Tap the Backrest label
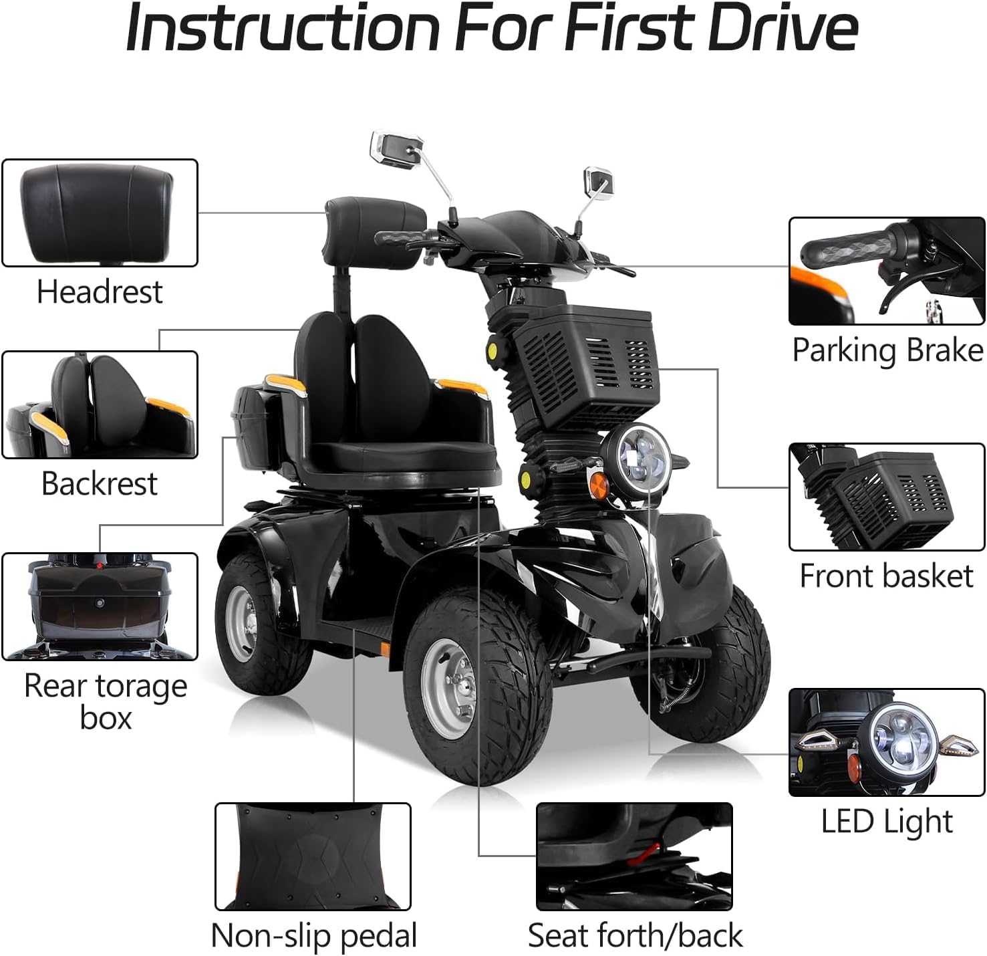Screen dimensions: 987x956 tap(100, 483)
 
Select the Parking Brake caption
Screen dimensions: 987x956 tap(887, 350)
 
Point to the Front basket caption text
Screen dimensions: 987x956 tap(887, 576)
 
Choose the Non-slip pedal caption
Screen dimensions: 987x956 tap(313, 936)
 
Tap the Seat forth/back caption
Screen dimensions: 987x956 tap(635, 935)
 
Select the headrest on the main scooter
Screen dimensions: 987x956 tap(375, 231)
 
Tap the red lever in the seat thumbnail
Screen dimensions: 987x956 tap(644, 853)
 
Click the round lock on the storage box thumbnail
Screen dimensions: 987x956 tap(100, 603)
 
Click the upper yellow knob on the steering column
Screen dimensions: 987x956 tap(492, 350)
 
